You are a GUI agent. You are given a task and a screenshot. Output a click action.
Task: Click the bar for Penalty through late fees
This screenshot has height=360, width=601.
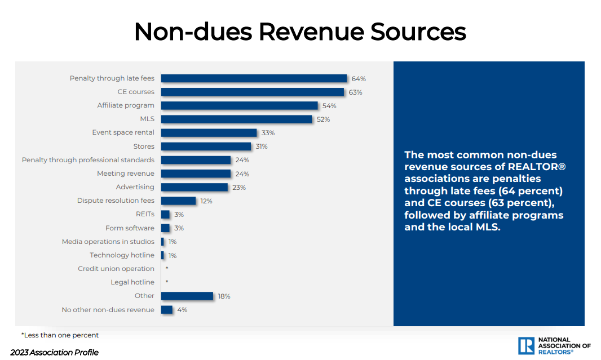254,78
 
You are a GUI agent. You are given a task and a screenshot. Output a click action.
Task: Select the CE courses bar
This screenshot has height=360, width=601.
252,92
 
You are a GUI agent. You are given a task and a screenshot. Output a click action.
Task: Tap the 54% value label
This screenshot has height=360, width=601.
329,106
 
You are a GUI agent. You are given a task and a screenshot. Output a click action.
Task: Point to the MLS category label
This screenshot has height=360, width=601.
147,119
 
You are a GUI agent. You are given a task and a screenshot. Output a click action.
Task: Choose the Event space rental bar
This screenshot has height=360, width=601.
209,133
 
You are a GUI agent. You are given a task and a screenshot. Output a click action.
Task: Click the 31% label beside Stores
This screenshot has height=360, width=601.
261,146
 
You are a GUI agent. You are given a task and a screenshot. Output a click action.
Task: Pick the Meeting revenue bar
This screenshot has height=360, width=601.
196,174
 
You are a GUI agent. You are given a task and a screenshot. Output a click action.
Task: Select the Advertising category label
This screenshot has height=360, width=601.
135,187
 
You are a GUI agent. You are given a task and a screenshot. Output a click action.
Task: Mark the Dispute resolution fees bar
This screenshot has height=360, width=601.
178,201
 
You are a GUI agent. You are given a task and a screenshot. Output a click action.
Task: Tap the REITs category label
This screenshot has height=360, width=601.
145,214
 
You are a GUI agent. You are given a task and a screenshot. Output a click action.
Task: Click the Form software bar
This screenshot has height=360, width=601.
165,228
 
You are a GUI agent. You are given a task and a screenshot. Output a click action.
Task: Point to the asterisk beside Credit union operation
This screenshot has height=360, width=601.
167,268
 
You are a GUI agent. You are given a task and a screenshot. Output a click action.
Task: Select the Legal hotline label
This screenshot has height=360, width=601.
132,282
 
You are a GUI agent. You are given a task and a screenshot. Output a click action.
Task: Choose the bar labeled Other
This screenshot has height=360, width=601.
187,296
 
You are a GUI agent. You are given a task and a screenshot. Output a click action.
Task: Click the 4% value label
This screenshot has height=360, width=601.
182,310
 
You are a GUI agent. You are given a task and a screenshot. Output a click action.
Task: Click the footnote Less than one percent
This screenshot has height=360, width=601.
60,335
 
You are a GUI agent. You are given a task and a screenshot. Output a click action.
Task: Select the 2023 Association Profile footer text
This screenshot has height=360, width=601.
54,353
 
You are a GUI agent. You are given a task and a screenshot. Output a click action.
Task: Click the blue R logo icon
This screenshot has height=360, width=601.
526,345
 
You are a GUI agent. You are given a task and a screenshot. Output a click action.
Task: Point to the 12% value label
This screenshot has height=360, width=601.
206,201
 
